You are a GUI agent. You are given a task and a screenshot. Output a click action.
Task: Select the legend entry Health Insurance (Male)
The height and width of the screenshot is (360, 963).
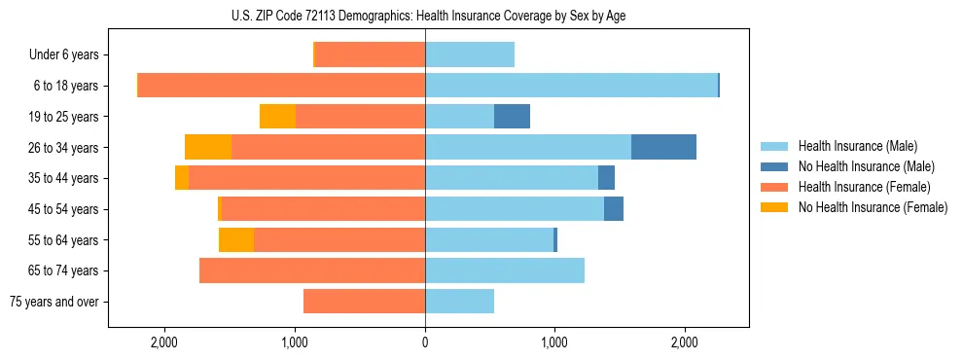point(857,146)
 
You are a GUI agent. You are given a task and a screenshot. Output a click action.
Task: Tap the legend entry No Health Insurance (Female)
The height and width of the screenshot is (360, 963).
point(873,207)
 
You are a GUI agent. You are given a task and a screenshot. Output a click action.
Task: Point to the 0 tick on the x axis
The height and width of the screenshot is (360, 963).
point(425,342)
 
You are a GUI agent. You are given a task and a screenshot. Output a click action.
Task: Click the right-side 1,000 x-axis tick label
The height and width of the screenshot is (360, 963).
point(554,342)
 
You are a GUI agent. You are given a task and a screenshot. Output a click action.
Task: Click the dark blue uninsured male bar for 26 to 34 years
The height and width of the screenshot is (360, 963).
point(663,147)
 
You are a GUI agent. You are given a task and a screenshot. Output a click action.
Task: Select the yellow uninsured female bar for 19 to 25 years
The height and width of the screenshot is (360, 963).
point(277,117)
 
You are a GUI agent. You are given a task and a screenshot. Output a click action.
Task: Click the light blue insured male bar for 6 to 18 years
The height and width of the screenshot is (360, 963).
point(571,86)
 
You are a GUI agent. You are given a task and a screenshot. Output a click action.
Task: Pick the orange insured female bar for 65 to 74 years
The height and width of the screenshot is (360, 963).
point(312,270)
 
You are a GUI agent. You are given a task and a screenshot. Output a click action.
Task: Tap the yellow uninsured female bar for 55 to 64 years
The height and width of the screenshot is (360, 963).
point(236,240)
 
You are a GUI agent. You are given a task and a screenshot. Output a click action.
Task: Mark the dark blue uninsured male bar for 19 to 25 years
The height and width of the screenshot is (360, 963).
point(512,117)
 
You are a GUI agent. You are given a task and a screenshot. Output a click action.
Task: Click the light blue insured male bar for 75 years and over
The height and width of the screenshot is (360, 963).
point(459,302)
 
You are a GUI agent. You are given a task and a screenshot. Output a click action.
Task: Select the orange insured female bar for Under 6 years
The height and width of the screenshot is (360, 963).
point(370,55)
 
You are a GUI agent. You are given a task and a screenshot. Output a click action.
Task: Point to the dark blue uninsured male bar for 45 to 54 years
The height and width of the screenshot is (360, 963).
point(614,209)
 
